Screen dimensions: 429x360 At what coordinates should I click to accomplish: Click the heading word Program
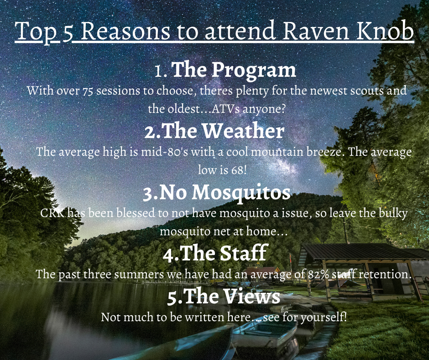pyautogui.click(x=254, y=70)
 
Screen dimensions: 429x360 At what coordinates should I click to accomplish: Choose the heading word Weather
pyautogui.click(x=243, y=131)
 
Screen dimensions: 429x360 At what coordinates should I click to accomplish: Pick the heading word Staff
pyautogui.click(x=244, y=253)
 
